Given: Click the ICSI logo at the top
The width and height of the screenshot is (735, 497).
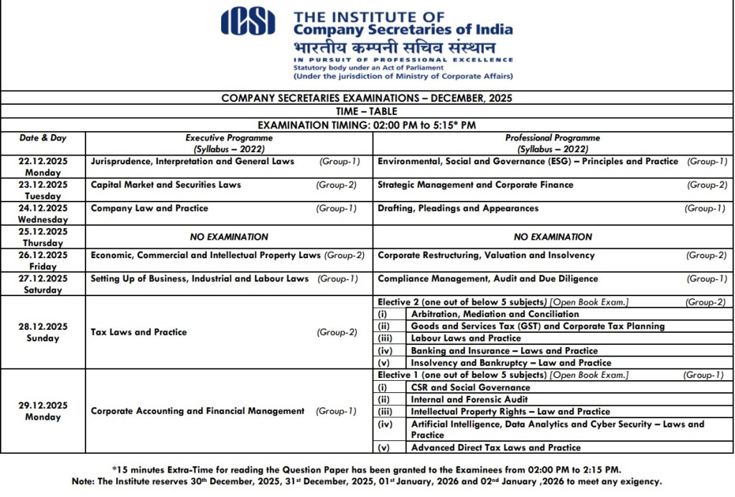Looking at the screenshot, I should point(248,21).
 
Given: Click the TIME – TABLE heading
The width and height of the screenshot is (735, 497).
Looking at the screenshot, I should point(366,111).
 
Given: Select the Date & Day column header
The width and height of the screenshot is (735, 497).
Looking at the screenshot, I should point(43,138).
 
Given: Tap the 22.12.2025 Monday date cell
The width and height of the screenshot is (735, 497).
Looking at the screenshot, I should point(43,166).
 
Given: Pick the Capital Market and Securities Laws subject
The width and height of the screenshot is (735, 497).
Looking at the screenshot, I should point(166,185).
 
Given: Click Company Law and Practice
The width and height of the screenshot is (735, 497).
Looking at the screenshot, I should point(149,209).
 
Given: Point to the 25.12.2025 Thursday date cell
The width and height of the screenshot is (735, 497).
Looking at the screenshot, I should point(43,237).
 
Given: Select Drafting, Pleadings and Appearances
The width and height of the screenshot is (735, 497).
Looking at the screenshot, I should point(458,209).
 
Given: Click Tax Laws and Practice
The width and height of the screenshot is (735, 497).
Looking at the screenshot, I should point(139,332).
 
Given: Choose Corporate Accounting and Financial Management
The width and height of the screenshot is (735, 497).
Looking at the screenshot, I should point(197,411).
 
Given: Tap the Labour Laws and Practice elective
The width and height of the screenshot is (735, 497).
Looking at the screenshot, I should point(466,339).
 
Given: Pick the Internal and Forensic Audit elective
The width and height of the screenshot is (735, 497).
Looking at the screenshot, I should point(469,399).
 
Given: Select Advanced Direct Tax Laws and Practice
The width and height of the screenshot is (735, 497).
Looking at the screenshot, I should point(496,448).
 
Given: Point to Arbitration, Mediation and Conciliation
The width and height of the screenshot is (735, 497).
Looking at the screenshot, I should point(495,314).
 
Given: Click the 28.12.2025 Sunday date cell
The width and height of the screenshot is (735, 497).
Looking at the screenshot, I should point(43,332).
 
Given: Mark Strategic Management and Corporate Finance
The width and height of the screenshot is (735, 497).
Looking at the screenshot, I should point(475,185).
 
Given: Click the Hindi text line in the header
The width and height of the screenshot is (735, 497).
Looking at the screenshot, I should point(394,47).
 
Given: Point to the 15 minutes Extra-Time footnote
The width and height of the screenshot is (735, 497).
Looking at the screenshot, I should point(367,470).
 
